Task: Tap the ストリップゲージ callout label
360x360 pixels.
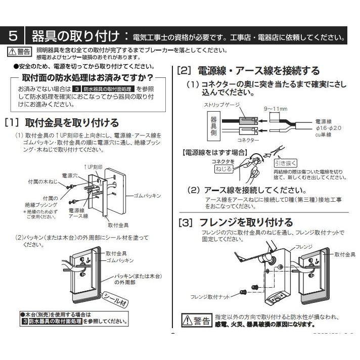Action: click(x=220, y=105)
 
